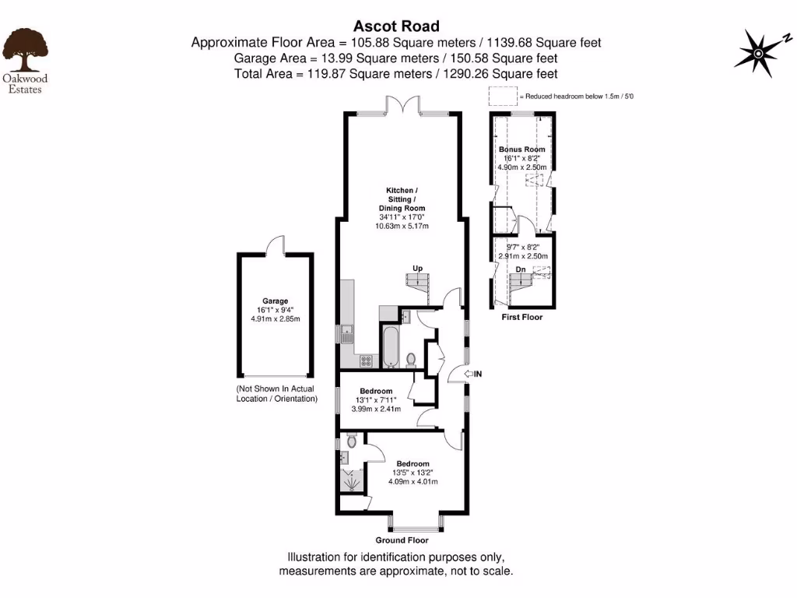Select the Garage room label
tap(275, 301)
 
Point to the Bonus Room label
tap(521, 149)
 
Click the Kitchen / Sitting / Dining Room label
tap(402, 199)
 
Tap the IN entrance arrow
tap(471, 375)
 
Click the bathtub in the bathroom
tap(388, 347)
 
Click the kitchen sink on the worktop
tap(346, 335)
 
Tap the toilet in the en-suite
tap(352, 441)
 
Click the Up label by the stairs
tap(417, 269)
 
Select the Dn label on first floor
tap(521, 269)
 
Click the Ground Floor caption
tap(402, 540)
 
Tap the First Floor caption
tap(521, 317)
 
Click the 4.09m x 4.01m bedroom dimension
tap(413, 480)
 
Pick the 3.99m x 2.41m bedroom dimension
tap(376, 408)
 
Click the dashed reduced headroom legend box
tap(503, 97)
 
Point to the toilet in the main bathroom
tap(411, 359)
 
